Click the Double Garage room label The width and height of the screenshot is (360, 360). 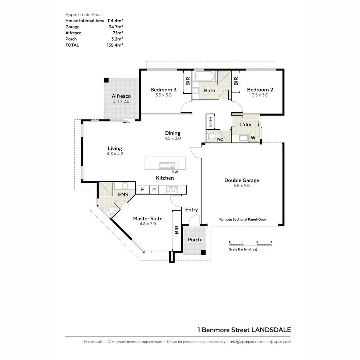pyautogui.click(x=241, y=180)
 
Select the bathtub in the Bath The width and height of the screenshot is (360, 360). pyautogui.click(x=205, y=77)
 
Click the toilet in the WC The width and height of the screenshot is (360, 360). pyautogui.click(x=211, y=136)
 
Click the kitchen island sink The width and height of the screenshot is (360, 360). pyautogui.click(x=165, y=165)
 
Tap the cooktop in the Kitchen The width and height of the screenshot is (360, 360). pyautogui.click(x=172, y=190)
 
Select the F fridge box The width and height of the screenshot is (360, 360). pyautogui.click(x=142, y=190)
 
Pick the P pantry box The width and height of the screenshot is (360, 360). pyautogui.click(x=154, y=190)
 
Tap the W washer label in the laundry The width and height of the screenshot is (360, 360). pyautogui.click(x=253, y=137)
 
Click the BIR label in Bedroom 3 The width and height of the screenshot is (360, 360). pyautogui.click(x=188, y=81)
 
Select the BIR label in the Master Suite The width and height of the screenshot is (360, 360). pyautogui.click(x=177, y=230)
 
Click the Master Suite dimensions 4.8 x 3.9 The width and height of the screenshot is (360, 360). pyautogui.click(x=148, y=224)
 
